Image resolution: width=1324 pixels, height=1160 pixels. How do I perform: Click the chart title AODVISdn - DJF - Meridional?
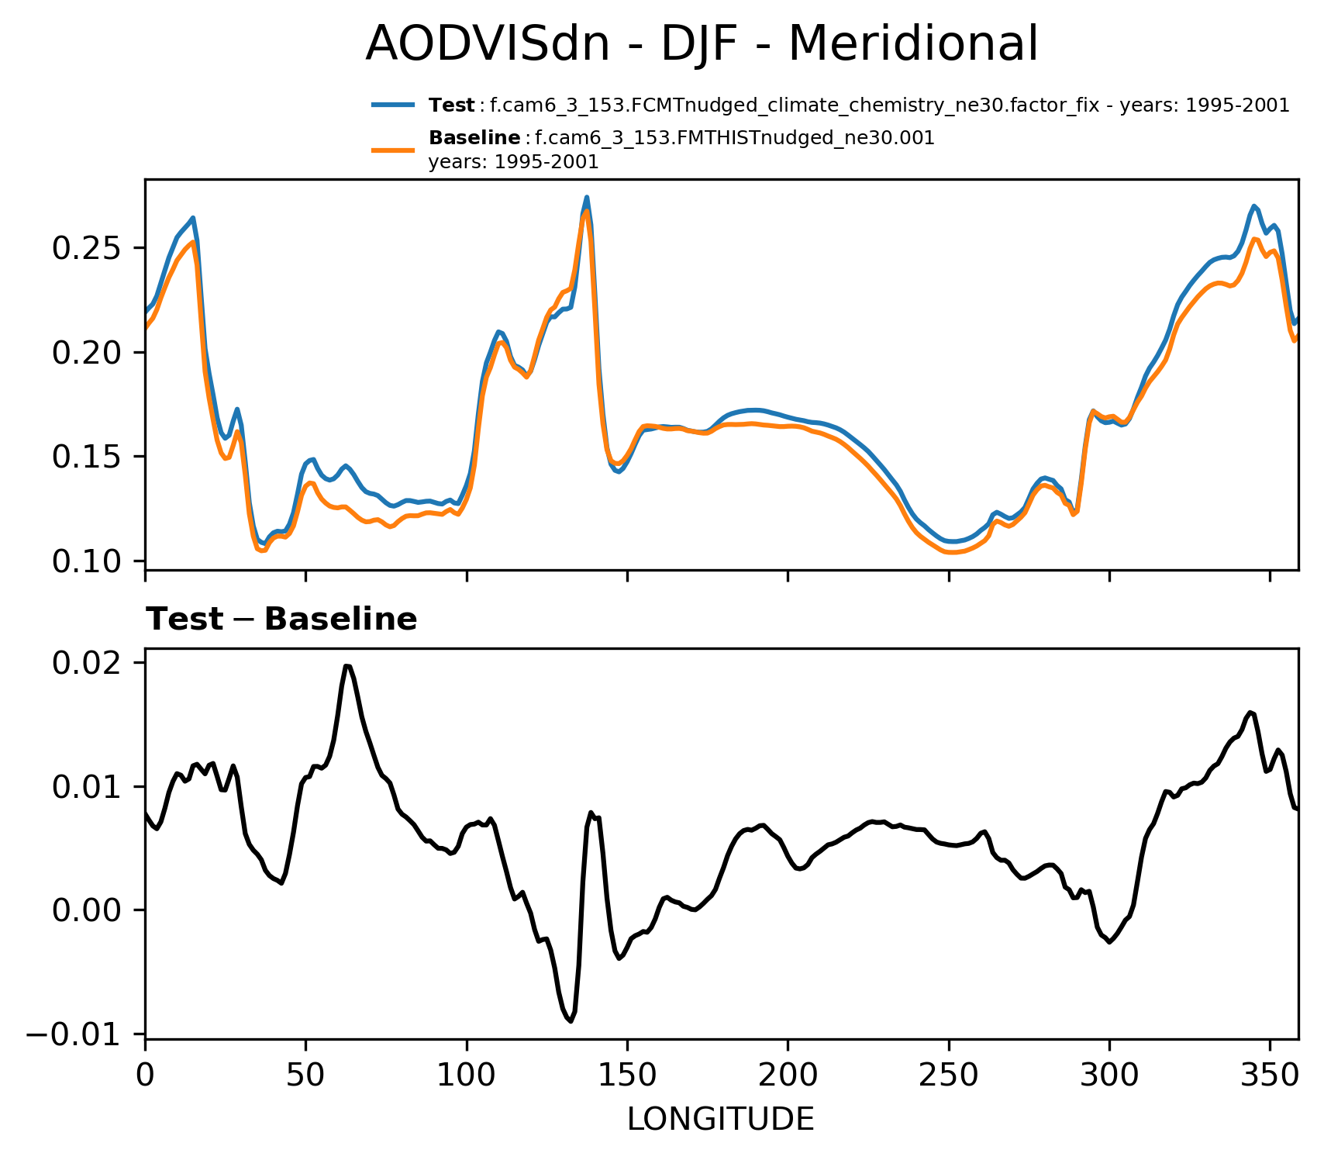701,43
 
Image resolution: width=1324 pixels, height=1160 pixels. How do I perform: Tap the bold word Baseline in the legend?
474,138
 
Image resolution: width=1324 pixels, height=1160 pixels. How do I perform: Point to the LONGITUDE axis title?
720,1120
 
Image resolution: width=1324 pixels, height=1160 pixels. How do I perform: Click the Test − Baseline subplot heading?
281,620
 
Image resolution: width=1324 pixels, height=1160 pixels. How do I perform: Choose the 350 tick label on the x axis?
1270,1075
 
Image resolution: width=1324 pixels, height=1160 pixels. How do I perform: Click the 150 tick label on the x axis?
627,1075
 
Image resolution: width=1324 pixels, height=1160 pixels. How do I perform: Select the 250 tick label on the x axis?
948,1075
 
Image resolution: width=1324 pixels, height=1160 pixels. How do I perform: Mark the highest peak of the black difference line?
347,665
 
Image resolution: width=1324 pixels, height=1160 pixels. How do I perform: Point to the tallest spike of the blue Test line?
587,197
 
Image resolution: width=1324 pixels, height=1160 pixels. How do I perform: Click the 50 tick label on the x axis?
305,1075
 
